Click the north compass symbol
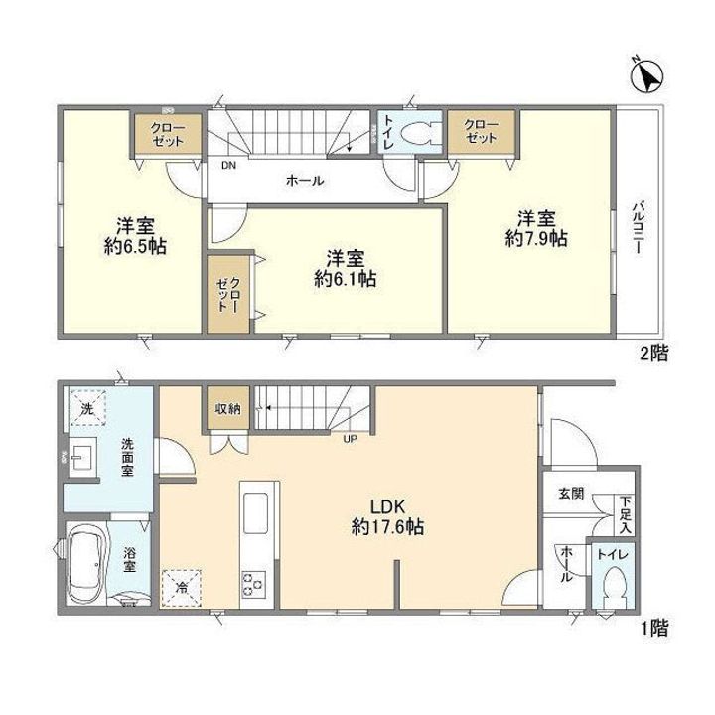(647, 75)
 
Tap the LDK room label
(387, 506)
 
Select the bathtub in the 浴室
(86, 564)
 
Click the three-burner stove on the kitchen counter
(253, 584)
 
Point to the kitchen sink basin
(255, 512)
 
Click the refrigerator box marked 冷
(182, 588)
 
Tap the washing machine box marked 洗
(87, 408)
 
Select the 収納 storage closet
(228, 408)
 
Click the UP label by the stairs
(351, 440)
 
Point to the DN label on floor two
(229, 166)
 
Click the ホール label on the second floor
(305, 181)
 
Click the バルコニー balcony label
(639, 226)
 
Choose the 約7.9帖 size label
(536, 238)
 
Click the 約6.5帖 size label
(135, 246)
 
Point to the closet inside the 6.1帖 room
(228, 294)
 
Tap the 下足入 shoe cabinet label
(626, 515)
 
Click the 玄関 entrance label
(571, 493)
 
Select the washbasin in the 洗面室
(82, 457)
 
